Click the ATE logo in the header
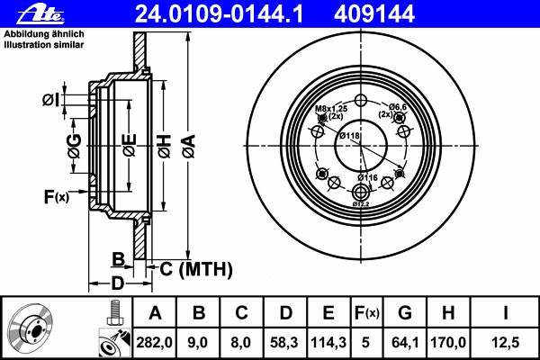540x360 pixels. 40,13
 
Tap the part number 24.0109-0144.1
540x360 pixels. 220,14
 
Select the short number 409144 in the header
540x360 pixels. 374,14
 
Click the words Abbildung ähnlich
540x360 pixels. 44,34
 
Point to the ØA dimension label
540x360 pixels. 189,146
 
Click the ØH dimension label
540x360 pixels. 165,146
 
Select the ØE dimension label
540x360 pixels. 130,146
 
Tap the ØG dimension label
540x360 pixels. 75,146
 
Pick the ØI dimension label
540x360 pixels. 50,100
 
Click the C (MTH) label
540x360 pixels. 196,269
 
